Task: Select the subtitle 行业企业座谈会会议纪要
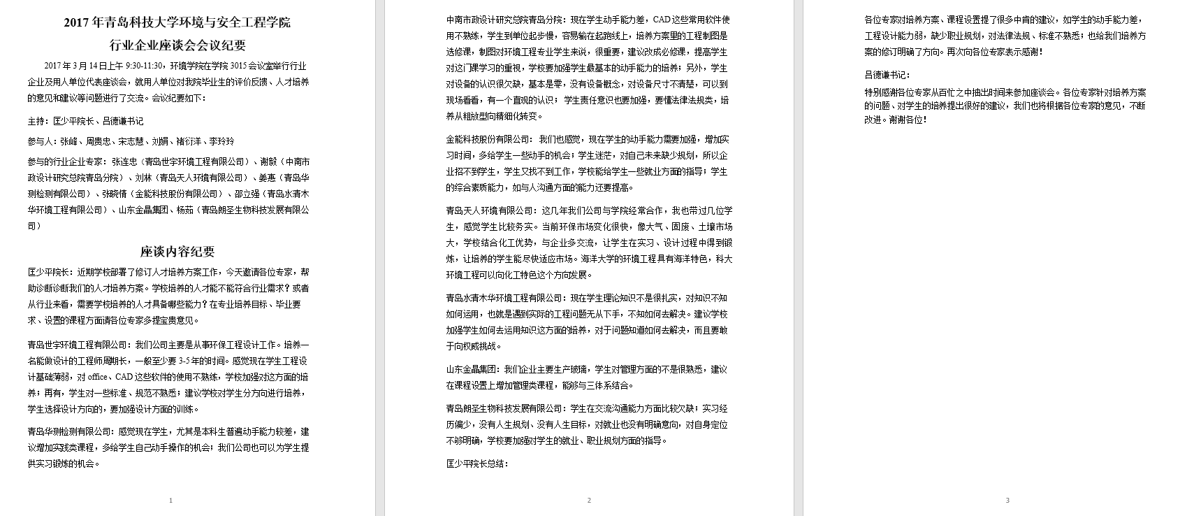click(177, 45)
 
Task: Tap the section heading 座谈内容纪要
click(177, 252)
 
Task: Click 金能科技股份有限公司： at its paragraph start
click(490, 139)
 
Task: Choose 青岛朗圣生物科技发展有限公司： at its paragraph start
click(507, 408)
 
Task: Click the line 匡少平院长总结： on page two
click(477, 464)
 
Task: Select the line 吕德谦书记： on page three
click(887, 75)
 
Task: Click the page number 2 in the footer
click(589, 500)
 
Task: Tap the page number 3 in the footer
click(1007, 500)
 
